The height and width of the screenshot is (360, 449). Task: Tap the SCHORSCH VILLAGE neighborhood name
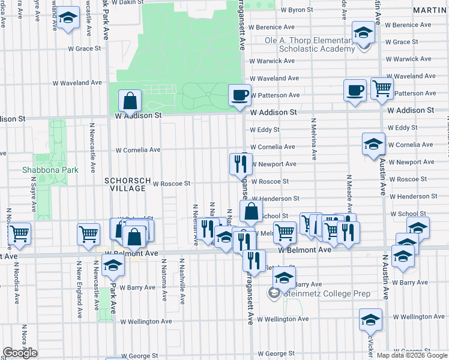pos(125,184)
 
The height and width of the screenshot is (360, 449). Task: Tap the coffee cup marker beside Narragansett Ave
pos(240,95)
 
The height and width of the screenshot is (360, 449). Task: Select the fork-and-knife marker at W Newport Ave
pos(240,163)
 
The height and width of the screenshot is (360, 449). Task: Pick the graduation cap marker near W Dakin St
pos(68,19)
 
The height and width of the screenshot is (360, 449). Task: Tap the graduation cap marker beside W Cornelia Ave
pos(373,144)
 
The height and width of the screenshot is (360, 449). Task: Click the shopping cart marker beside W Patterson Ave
pos(381,89)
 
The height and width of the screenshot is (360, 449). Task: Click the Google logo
pos(20,353)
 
